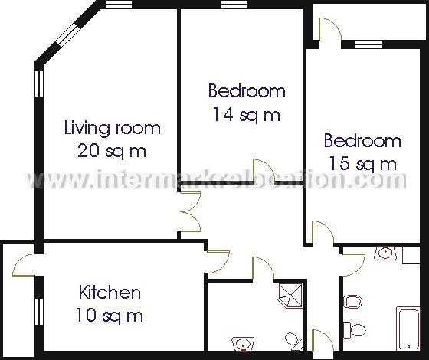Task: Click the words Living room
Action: pos(112,127)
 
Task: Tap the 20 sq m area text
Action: pos(112,150)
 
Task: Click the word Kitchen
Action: pos(110,292)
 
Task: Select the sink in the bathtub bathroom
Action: pos(385,253)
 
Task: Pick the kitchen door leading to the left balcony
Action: pos(26,265)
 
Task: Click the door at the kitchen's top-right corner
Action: pos(217,259)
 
